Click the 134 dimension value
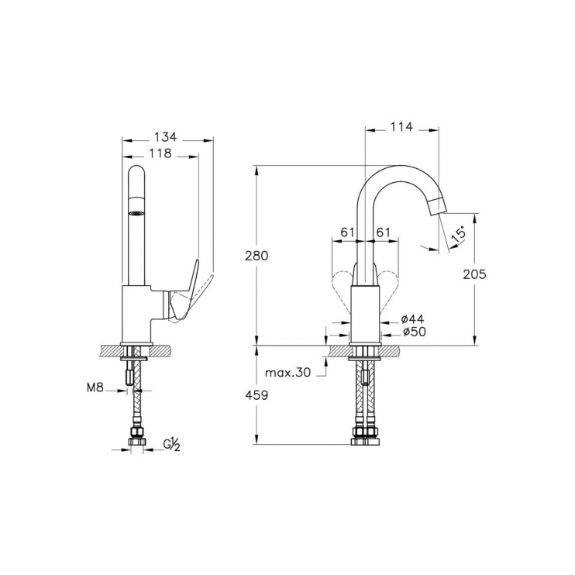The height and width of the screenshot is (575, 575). point(165,137)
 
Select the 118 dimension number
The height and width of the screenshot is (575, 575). point(160,153)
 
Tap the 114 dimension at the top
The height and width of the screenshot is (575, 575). point(401,127)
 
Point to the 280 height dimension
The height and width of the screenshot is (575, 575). point(257,256)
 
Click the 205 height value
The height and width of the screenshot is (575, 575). point(474,274)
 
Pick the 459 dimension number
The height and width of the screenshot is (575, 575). point(257,395)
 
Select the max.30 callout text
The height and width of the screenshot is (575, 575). point(287,373)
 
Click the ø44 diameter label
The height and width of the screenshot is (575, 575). point(412,319)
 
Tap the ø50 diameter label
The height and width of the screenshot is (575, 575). point(415,332)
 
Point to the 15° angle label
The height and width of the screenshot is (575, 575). point(459,235)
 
